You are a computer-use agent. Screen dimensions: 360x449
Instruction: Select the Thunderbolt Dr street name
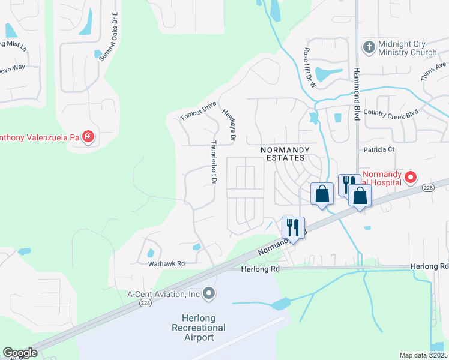coord(213,163)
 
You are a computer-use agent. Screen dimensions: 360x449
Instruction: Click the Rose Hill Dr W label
coord(310,68)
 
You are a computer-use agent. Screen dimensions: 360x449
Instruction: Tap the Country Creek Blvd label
coord(390,112)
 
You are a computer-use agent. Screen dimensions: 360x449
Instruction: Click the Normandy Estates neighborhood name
coord(285,154)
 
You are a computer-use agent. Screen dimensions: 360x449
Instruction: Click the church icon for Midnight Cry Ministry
coord(368,46)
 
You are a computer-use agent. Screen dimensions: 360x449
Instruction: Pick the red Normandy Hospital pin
coord(411,177)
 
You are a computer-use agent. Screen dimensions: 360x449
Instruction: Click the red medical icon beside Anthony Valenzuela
coord(88,137)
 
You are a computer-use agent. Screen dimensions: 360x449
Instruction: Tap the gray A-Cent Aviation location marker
coord(209,293)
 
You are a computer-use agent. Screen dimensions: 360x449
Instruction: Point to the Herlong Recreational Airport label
coord(198,327)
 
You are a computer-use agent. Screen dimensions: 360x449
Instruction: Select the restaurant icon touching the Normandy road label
coord(293,228)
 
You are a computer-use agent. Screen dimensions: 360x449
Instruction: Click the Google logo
coord(20,353)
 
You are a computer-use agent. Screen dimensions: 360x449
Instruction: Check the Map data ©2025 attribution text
coord(423,355)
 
